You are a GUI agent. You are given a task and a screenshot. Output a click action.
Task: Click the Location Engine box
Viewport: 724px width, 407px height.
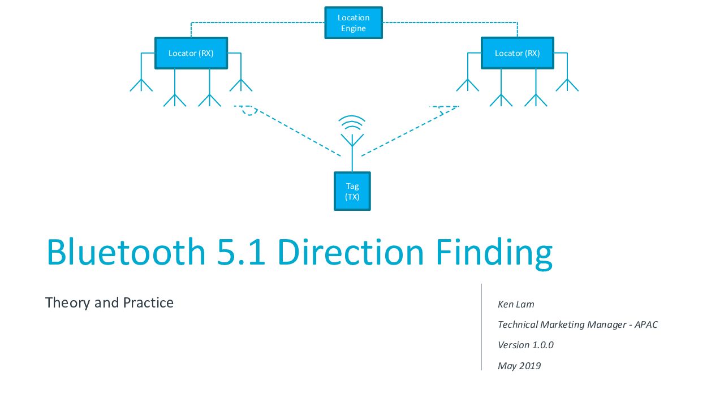[354, 23]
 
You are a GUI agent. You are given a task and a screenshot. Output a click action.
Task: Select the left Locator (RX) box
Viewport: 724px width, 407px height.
[191, 53]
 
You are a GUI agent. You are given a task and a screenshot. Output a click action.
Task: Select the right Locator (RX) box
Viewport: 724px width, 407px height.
[517, 53]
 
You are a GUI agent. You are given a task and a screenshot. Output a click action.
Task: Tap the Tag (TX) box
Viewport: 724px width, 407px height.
[352, 191]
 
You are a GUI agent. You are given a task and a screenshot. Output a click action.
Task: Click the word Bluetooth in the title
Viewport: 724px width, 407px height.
[126, 252]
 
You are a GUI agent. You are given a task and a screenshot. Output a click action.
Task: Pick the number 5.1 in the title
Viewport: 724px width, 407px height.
[241, 252]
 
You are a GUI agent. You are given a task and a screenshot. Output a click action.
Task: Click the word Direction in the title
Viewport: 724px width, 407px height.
[350, 252]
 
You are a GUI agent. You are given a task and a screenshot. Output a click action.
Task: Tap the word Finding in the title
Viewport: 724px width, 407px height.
[494, 254]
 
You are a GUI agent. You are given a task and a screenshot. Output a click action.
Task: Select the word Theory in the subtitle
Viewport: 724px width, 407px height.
[67, 303]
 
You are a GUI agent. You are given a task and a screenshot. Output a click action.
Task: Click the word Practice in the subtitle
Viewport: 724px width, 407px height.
[148, 302]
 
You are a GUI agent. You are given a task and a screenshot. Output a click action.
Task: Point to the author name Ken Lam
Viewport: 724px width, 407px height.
[516, 304]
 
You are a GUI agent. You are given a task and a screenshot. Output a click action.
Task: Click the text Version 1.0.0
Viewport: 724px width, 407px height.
[525, 345]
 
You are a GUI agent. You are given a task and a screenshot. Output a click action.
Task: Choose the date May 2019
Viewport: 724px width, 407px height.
[519, 366]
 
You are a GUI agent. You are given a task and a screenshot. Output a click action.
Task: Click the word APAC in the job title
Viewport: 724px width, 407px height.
[646, 324]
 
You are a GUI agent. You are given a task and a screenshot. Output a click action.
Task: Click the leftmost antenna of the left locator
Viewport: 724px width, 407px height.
[141, 72]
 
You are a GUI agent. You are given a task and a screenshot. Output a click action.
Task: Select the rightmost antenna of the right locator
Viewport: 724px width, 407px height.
[567, 72]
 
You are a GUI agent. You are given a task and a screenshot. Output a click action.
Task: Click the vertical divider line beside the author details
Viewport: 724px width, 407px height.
[481, 327]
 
